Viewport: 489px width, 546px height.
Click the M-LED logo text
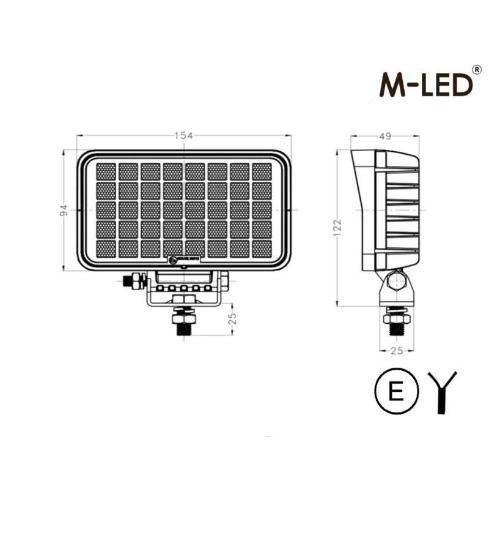point(426,84)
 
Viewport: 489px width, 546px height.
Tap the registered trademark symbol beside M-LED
point(477,69)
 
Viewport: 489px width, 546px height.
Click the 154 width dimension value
point(184,135)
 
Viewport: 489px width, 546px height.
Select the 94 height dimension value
point(63,210)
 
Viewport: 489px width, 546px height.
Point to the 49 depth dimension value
point(384,136)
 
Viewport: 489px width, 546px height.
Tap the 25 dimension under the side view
point(396,350)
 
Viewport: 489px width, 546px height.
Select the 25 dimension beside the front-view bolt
point(231,320)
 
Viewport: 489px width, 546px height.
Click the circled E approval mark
point(397,392)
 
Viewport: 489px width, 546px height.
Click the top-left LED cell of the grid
point(106,171)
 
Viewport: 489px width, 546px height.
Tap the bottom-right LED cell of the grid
point(262,248)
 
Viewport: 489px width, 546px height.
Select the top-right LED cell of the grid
point(262,171)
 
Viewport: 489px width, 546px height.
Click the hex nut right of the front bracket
point(224,281)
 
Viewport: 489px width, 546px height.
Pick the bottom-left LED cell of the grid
point(106,248)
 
